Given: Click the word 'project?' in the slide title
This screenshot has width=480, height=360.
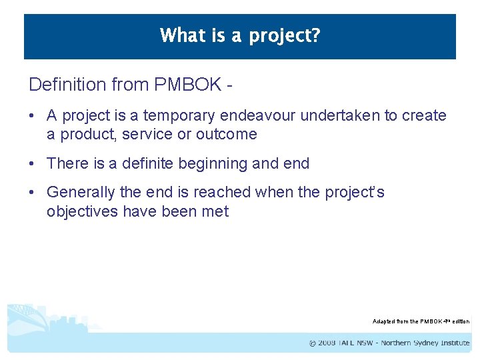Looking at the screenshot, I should [285, 35].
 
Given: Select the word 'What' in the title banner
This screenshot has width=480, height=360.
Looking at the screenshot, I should [178, 35].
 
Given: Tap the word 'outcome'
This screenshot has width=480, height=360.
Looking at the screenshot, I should [227, 134].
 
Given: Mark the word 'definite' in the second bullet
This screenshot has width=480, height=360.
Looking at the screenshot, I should [150, 163].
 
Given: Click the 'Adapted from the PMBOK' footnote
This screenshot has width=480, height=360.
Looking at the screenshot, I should [420, 321].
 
